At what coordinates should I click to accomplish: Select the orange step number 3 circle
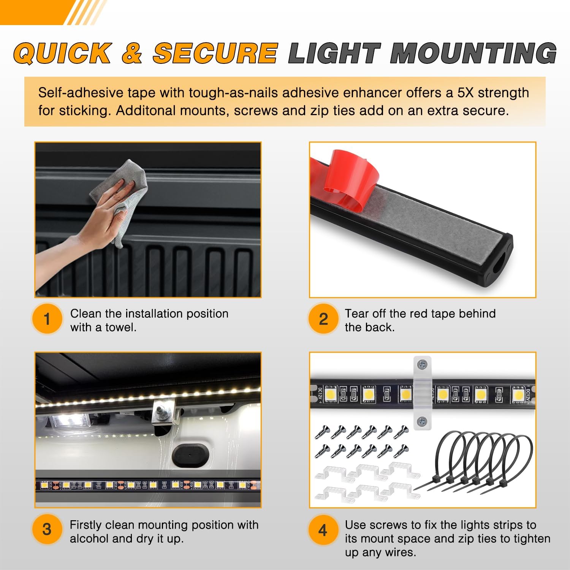(x=47, y=529)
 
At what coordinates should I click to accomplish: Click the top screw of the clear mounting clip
(x=422, y=365)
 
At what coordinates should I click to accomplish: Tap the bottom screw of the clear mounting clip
(x=422, y=421)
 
